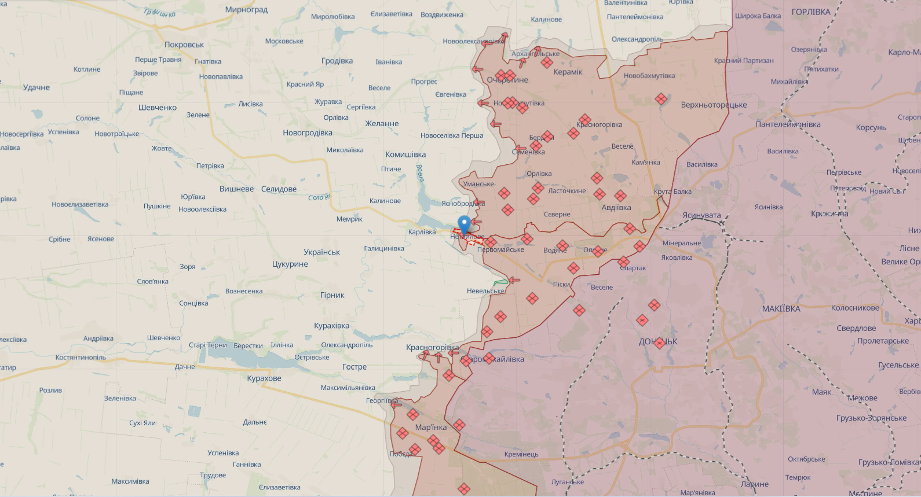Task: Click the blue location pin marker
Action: click(464, 224)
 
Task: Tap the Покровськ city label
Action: click(184, 45)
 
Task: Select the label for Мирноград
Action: click(246, 10)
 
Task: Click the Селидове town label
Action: click(279, 189)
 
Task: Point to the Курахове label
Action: click(264, 378)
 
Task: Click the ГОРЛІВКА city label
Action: click(810, 12)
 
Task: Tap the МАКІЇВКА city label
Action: click(781, 309)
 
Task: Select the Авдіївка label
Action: click(616, 208)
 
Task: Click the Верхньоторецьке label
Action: click(714, 105)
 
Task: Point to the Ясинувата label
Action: click(701, 215)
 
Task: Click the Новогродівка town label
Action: click(308, 133)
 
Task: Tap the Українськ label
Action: click(321, 252)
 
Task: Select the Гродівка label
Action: click(337, 61)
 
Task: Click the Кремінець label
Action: click(521, 454)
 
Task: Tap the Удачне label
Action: click(36, 87)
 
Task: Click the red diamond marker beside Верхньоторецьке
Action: click(661, 99)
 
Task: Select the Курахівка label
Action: click(331, 326)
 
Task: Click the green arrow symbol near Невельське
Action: click(500, 283)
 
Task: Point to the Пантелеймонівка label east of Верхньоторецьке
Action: click(788, 124)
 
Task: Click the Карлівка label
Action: click(422, 232)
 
